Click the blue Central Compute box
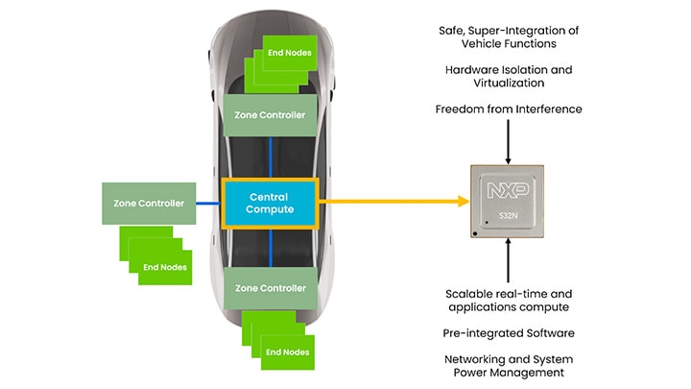coord(270,203)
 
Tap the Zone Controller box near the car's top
coord(270,115)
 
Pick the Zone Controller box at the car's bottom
coord(270,288)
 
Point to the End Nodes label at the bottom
coord(288,352)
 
